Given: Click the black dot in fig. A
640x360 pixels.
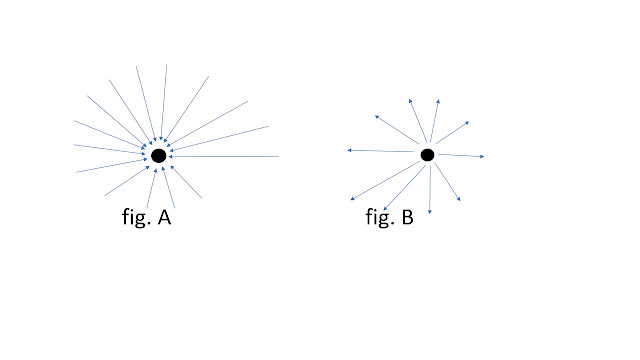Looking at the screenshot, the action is click(159, 156).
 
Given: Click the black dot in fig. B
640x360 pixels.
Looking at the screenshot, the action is click(427, 155).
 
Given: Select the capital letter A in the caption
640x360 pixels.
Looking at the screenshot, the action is click(164, 217).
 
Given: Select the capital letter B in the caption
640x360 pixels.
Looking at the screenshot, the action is click(408, 217).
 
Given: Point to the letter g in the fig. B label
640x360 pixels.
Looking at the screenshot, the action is click(381, 219).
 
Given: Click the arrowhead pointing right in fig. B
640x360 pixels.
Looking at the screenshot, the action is click(482, 156).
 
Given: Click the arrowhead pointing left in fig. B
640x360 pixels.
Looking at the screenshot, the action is click(349, 150).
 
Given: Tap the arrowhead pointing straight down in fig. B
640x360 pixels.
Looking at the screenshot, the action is click(429, 211).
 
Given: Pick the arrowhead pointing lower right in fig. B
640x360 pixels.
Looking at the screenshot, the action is click(458, 199).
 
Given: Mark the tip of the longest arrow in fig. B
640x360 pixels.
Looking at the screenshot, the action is click(351, 200).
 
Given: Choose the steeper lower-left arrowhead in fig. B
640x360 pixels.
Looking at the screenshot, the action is click(385, 209).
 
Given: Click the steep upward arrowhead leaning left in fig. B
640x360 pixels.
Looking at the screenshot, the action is click(410, 101).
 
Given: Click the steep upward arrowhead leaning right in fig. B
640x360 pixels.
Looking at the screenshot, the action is click(438, 101).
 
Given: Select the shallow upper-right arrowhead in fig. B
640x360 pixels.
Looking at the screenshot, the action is click(467, 122).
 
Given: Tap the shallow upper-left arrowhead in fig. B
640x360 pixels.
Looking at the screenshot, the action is click(377, 117).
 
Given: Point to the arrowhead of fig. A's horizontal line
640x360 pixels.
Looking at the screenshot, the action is click(170, 156).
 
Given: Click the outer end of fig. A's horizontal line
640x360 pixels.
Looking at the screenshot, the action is click(278, 156).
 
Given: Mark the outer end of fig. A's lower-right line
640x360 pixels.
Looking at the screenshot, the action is click(202, 198).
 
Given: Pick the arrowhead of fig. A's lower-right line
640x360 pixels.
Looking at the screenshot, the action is click(172, 167).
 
